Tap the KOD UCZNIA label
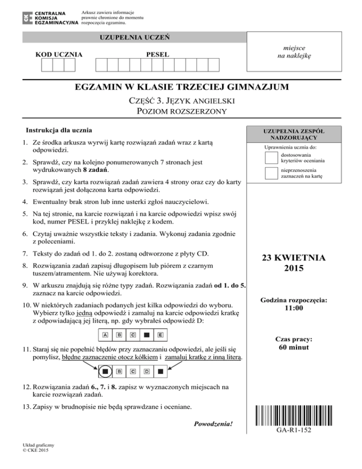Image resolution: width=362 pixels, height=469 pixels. pyautogui.click(x=59, y=55)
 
